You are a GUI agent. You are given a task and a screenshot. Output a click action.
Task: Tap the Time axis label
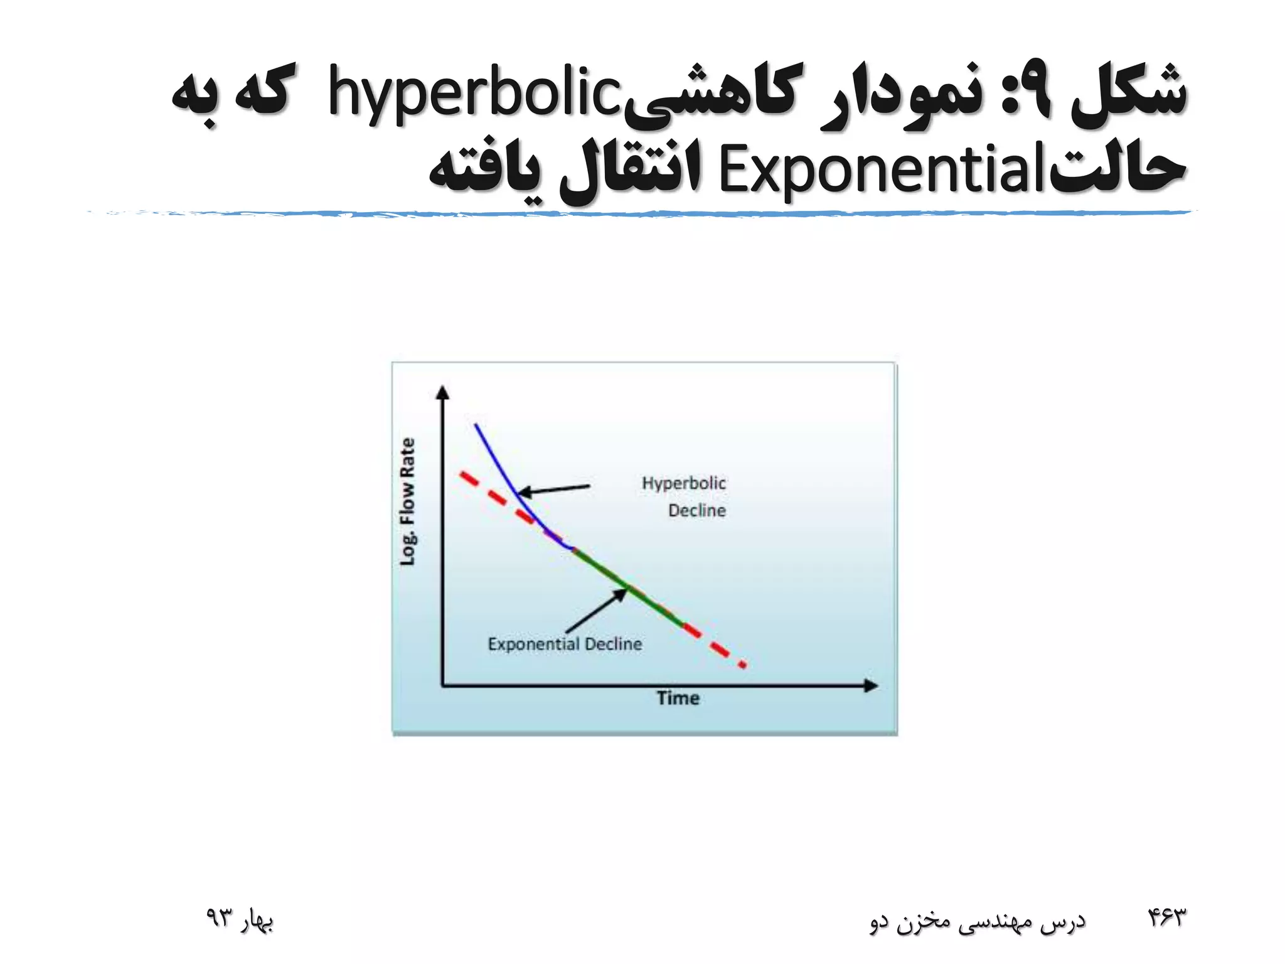(x=678, y=698)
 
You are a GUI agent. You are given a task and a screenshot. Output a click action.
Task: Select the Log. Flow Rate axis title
(x=408, y=501)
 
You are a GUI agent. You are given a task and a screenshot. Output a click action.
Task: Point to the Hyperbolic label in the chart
(x=683, y=483)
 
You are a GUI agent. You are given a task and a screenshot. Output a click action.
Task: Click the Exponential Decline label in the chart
(x=565, y=644)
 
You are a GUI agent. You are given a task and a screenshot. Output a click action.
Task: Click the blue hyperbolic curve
(x=496, y=458)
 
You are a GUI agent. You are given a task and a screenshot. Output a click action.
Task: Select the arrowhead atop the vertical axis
(x=442, y=393)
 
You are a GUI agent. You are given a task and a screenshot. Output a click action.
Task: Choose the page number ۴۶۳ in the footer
(x=1167, y=918)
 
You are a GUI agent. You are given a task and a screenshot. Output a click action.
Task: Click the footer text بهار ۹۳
(x=240, y=919)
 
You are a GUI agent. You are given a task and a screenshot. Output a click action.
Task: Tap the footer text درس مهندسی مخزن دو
(x=977, y=921)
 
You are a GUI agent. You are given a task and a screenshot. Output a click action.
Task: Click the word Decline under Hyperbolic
(x=696, y=511)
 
